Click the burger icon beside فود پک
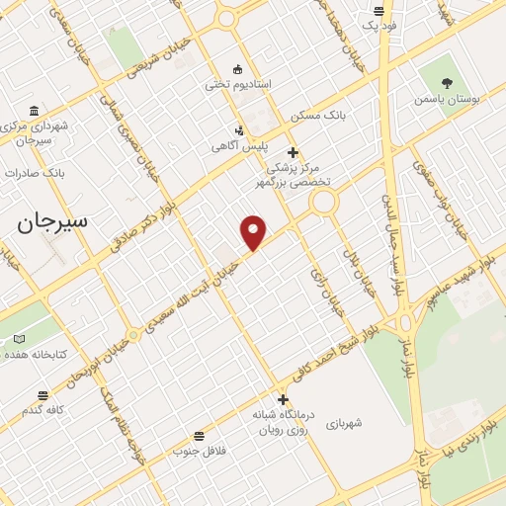[x=379, y=12]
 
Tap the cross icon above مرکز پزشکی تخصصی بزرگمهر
[x=292, y=152]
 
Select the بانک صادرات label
[x=35, y=172]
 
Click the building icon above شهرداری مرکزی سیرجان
[x=35, y=110]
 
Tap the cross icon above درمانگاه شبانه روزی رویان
[x=284, y=400]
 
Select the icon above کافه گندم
[x=42, y=395]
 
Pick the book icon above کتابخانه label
[x=19, y=339]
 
